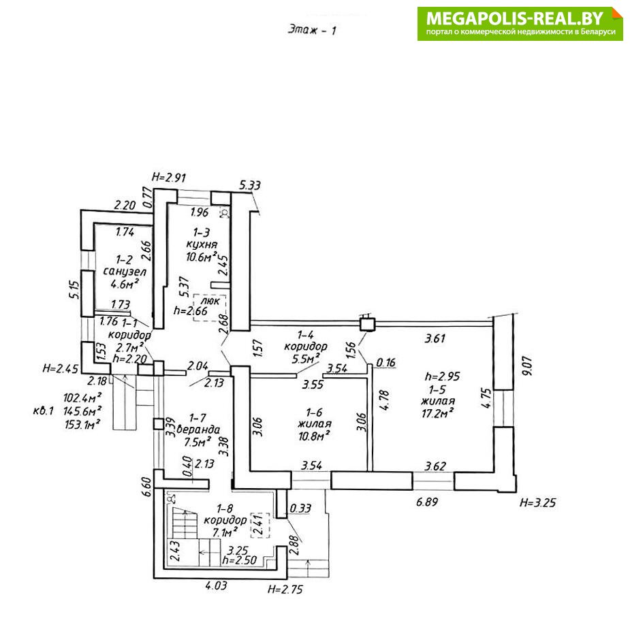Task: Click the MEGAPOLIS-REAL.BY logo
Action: click(520, 23)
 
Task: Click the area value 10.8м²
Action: click(314, 435)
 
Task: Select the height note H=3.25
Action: click(538, 504)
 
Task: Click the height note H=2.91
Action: click(169, 177)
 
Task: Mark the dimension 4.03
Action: click(217, 583)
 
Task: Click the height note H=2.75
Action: click(285, 590)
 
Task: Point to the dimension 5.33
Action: click(250, 185)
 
